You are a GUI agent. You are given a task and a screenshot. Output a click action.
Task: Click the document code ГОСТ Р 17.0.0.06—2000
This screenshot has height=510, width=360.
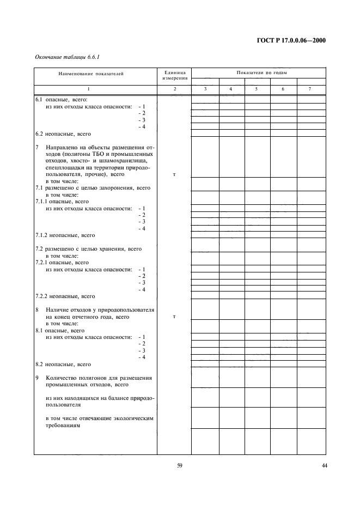[295, 40]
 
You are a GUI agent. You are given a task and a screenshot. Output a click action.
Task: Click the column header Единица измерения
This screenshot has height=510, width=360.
[174, 75]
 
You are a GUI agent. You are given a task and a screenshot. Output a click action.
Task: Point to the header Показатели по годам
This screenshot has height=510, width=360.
[258, 72]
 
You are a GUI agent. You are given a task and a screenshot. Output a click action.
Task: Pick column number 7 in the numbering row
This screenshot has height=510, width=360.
[310, 88]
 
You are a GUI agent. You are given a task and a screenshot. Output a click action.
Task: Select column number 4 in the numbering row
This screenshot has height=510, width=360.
[231, 88]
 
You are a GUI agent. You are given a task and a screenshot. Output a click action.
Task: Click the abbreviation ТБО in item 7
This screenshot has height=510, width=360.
[100, 154]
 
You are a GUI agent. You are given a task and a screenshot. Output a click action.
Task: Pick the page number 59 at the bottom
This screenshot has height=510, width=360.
[179, 465]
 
